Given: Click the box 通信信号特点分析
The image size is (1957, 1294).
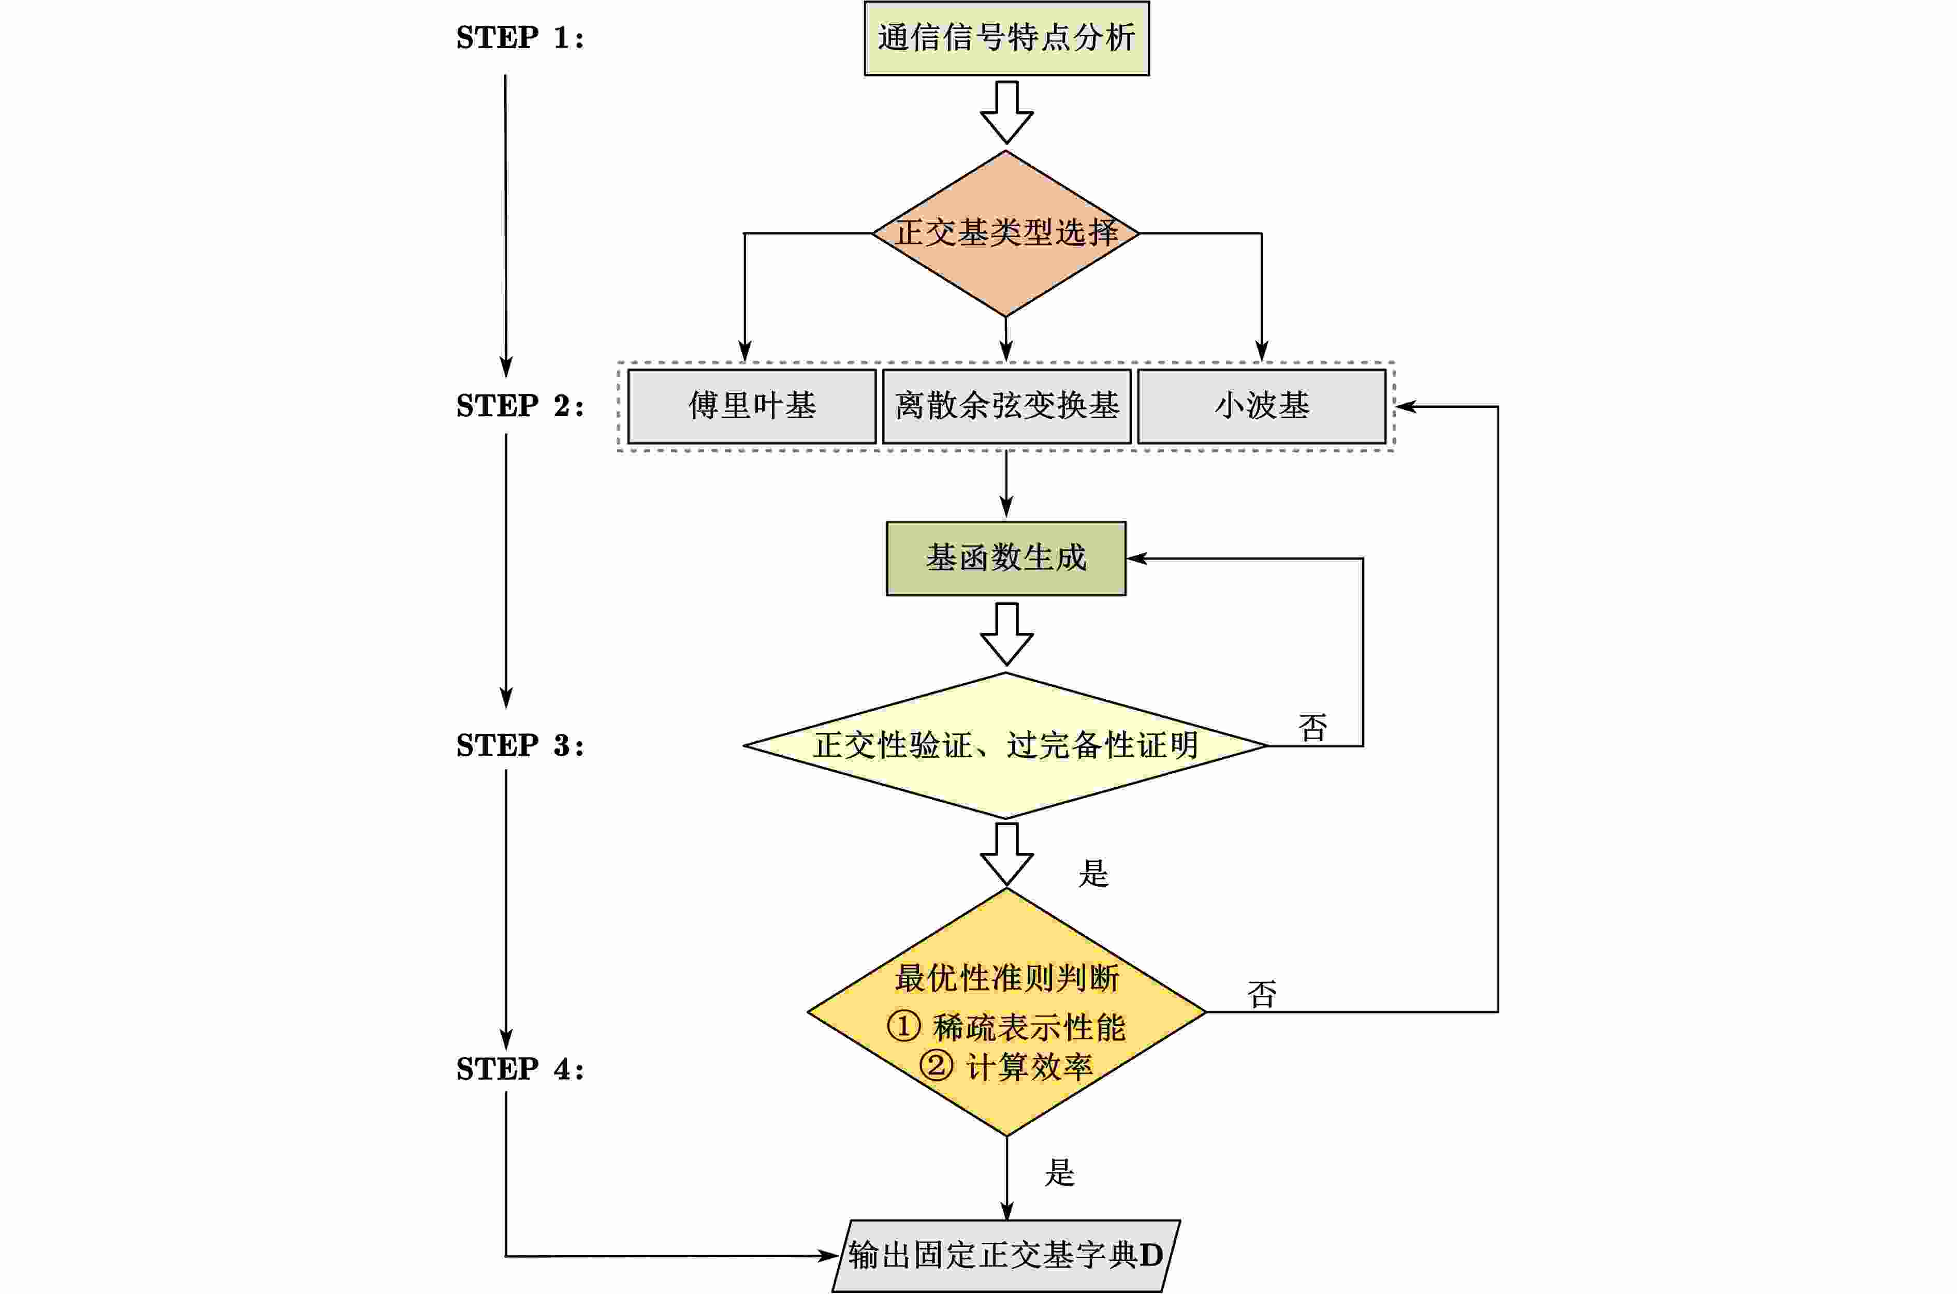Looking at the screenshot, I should pos(1006,38).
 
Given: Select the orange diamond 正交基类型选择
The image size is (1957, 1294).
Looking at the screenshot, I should pos(1006,233).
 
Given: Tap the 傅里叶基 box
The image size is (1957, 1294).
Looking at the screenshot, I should pos(751,406).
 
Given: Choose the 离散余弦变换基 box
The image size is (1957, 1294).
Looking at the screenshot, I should pos(1006,406).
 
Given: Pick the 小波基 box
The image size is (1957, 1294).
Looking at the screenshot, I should pos(1261,406).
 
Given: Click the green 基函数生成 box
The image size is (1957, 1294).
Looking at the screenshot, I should pos(1005,558).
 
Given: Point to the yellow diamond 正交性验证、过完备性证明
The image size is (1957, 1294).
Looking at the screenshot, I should pos(1005,746).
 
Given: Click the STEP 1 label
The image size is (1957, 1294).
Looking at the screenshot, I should pos(520,38).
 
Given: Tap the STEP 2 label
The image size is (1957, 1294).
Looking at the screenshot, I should pos(520,406).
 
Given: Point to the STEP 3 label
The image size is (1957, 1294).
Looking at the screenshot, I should pos(520,746).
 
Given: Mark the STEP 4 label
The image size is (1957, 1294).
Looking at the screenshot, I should pos(520,1069).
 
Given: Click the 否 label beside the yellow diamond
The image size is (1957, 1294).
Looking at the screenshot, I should pos(1312,728).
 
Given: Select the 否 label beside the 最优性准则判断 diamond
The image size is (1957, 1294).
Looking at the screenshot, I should pos(1261,994).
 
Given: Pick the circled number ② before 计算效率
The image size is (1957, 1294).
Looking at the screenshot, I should pos(936,1065).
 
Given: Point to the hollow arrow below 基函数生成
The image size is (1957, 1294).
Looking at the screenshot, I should pos(1006,634).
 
